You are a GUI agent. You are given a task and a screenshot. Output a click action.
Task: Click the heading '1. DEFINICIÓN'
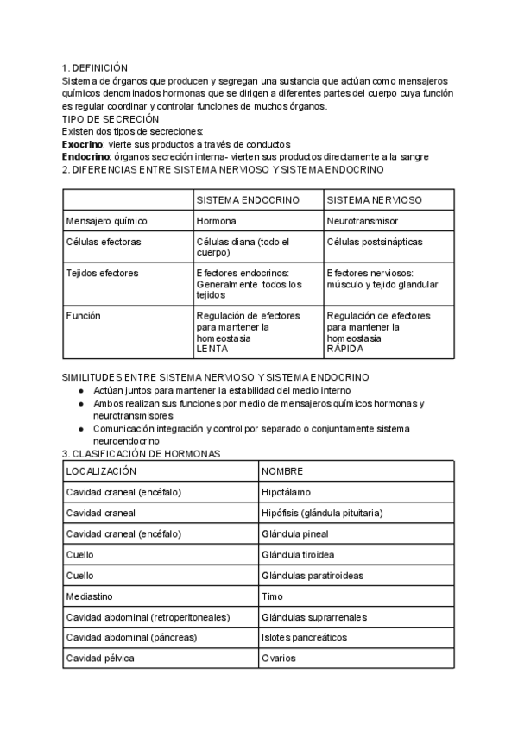pyautogui.click(x=95, y=68)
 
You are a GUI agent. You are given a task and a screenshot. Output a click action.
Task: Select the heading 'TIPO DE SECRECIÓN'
pyautogui.click(x=111, y=118)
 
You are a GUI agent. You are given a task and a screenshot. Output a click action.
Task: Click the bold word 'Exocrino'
pyautogui.click(x=83, y=144)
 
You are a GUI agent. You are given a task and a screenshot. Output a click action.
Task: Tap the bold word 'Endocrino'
pyautogui.click(x=85, y=157)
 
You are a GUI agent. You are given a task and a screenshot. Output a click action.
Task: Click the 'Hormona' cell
pyautogui.click(x=216, y=221)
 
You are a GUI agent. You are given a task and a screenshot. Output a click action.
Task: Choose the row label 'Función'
pyautogui.click(x=84, y=316)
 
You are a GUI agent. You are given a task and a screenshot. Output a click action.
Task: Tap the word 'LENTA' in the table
pyautogui.click(x=212, y=350)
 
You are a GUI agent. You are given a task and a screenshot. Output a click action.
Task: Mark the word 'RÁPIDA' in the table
pyautogui.click(x=345, y=350)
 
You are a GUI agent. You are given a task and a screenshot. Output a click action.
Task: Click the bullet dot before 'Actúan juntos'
pyautogui.click(x=81, y=391)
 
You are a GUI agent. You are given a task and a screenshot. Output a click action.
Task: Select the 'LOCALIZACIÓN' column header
pyautogui.click(x=101, y=471)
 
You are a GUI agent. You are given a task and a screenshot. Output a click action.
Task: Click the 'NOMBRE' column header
pyautogui.click(x=282, y=471)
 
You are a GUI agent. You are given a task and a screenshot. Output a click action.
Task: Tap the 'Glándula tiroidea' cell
pyautogui.click(x=298, y=554)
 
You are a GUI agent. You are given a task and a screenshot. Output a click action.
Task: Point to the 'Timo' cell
pyautogui.click(x=272, y=596)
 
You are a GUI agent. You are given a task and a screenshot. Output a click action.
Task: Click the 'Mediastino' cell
pyautogui.click(x=91, y=596)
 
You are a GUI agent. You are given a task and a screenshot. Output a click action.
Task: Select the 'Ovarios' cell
pyautogui.click(x=279, y=659)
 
